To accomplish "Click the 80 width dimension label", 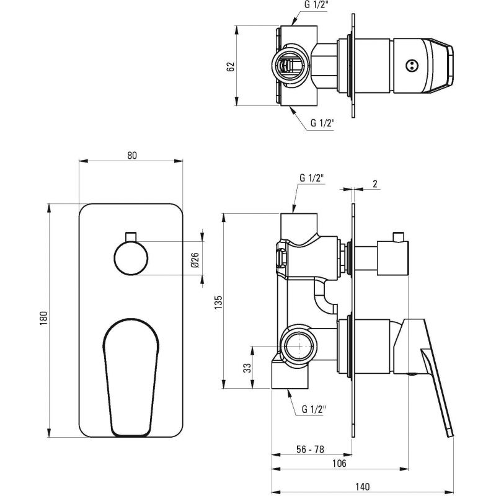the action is point(132,156).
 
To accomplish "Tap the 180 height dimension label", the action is point(43,318).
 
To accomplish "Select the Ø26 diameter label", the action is point(195,260).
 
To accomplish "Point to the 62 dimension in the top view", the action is point(231,66).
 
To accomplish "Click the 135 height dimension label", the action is point(218,303).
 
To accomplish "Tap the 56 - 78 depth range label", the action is point(310,449).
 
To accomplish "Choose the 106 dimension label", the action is point(339,463).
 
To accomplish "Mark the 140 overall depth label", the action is point(362,487).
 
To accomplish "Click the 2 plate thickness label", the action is point(375,184).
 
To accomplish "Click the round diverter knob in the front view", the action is point(131,258).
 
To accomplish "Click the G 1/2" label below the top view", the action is point(322,123).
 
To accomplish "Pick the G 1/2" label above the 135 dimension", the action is point(312,178).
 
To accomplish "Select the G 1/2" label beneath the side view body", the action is point(314,409).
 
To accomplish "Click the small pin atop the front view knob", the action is point(131,237).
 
